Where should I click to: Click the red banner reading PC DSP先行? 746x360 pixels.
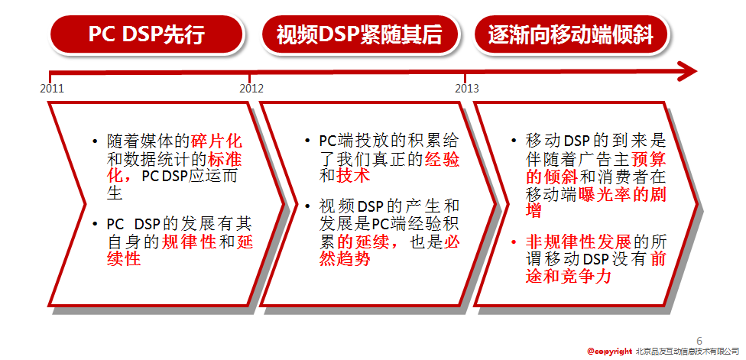(147, 34)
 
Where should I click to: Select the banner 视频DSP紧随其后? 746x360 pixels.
(359, 34)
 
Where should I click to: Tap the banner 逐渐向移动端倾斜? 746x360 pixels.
(571, 34)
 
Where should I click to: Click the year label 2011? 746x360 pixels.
(52, 89)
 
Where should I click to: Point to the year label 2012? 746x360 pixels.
(251, 89)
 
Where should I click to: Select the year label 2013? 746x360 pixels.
(467, 89)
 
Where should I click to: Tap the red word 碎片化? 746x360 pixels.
(217, 141)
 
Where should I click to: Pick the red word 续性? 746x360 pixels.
(124, 260)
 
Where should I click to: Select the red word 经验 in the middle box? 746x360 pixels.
(442, 159)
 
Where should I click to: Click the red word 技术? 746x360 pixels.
(353, 177)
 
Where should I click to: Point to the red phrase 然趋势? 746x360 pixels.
(345, 260)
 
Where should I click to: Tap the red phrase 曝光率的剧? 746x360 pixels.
(622, 193)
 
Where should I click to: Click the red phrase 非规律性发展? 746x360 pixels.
(579, 242)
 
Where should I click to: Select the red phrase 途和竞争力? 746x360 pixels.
(568, 277)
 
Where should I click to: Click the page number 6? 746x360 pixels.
(699, 341)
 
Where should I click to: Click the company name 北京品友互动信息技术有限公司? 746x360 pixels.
(687, 352)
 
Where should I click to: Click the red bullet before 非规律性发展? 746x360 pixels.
(514, 242)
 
